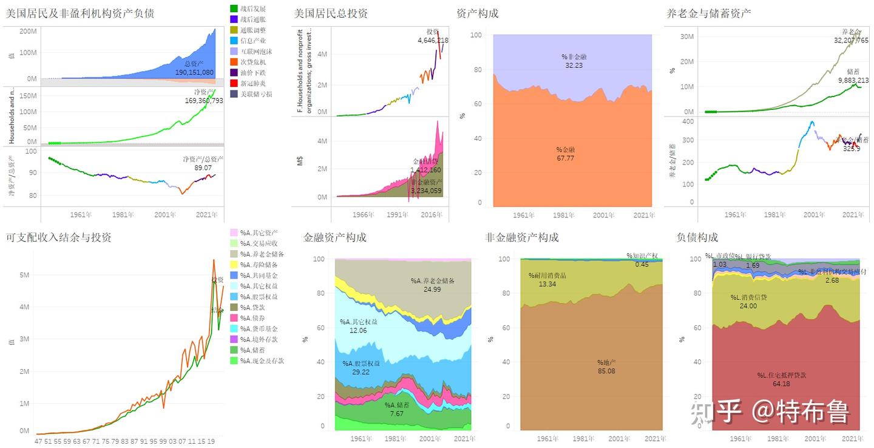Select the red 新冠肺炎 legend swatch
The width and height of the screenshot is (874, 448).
[x=234, y=83]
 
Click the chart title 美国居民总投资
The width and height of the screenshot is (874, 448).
[x=331, y=13]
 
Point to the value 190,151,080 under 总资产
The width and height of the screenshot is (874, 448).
[x=194, y=72]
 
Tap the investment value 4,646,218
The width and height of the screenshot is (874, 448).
[x=433, y=41]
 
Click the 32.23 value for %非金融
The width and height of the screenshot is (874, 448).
[x=574, y=65]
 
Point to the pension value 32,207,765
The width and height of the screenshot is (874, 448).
[x=851, y=41]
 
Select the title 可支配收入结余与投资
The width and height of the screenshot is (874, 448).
[x=58, y=237]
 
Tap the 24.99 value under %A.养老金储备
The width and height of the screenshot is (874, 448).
[x=432, y=290]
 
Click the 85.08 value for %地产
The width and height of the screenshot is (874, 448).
[x=606, y=370]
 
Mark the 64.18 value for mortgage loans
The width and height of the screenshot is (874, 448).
[x=781, y=384]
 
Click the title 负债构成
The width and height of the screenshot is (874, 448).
[x=697, y=237]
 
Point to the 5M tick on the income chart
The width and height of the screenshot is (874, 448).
[x=24, y=275]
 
